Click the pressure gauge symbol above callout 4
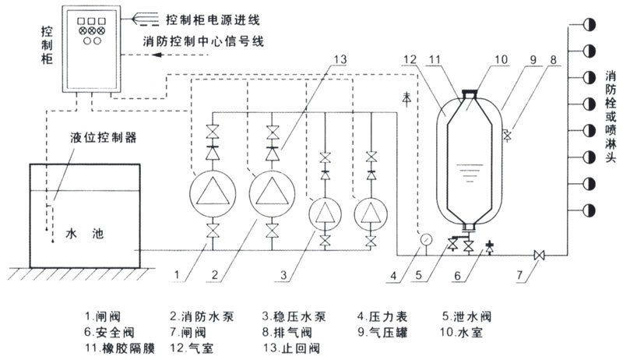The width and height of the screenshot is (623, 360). tap(425, 238)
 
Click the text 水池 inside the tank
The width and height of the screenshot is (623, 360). tap(84, 233)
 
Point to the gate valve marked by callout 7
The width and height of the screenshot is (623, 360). tap(538, 255)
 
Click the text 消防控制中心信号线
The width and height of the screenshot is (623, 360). tap(204, 41)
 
